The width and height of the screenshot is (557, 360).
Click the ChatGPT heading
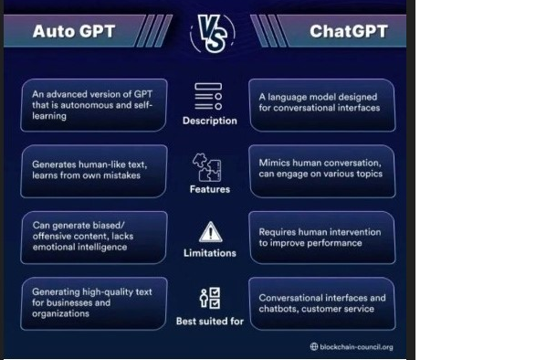(x=348, y=31)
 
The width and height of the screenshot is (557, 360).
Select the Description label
(x=208, y=121)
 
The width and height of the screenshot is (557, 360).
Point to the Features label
(x=209, y=189)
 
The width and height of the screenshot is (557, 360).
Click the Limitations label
(x=210, y=253)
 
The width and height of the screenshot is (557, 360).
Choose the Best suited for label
(x=210, y=321)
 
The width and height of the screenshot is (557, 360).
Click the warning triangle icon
(x=210, y=231)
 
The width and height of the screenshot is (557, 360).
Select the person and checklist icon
(x=209, y=298)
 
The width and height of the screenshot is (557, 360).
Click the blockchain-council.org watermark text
(x=357, y=347)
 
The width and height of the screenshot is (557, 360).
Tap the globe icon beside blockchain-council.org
(x=314, y=347)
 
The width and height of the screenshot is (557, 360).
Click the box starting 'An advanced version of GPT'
(x=93, y=105)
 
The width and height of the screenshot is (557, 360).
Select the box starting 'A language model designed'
(x=321, y=102)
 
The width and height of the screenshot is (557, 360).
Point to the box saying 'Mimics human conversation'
(x=321, y=169)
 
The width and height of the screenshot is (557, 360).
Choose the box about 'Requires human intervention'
(x=321, y=238)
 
